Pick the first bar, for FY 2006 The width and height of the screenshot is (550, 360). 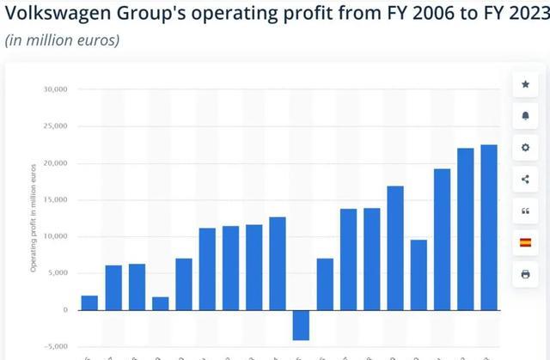click(x=89, y=302)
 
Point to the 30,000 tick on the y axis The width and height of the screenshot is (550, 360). click(x=56, y=89)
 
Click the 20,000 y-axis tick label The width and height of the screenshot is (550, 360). click(x=56, y=163)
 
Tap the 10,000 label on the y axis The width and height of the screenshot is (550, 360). click(x=56, y=236)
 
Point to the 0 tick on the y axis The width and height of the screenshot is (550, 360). click(x=64, y=310)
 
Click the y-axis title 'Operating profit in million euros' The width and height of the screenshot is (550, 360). click(x=34, y=219)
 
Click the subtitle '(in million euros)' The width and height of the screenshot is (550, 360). click(x=62, y=40)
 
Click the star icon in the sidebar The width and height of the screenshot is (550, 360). click(x=525, y=84)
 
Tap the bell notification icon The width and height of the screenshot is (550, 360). click(x=525, y=116)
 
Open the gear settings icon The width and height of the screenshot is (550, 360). click(x=525, y=148)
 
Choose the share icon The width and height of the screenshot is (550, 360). click(x=525, y=180)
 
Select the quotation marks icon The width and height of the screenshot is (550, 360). click(x=525, y=211)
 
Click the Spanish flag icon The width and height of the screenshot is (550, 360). click(x=525, y=243)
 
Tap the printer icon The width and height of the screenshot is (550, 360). click(x=525, y=275)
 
